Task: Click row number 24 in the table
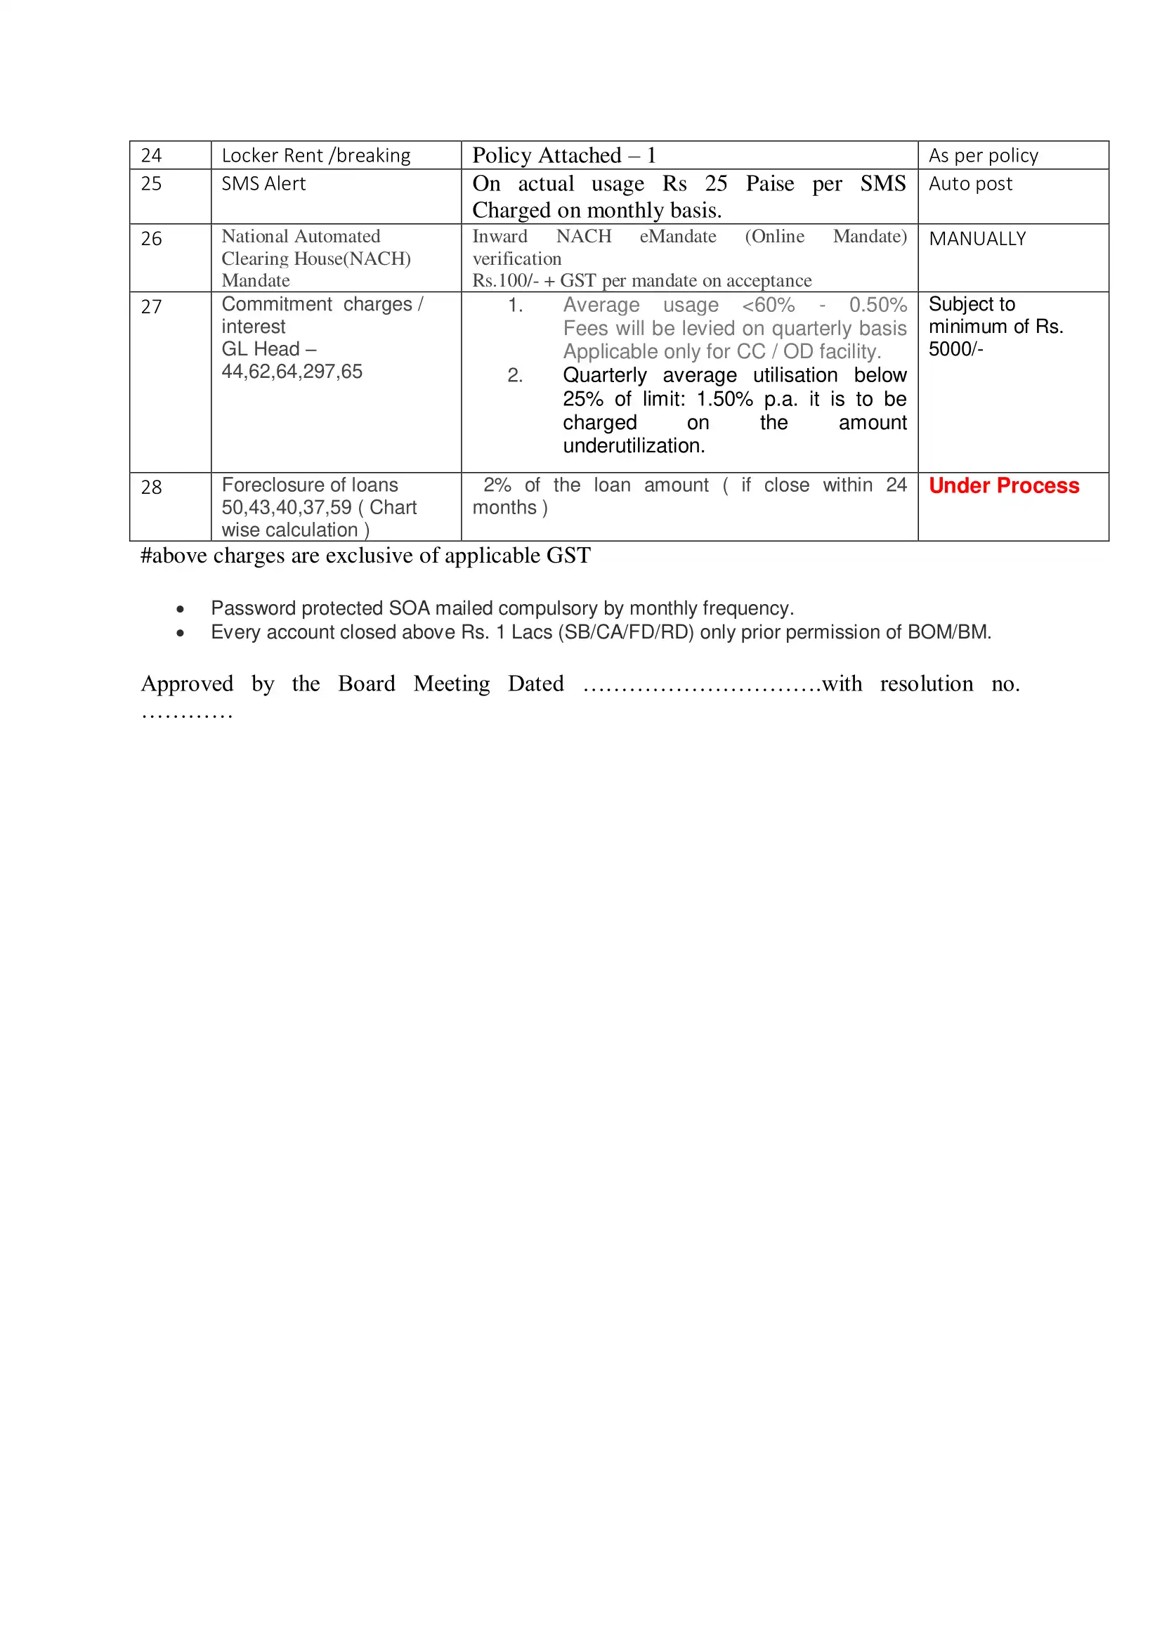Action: (151, 155)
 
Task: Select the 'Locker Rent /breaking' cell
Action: (315, 155)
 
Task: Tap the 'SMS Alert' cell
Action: (263, 184)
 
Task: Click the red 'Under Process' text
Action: (1003, 485)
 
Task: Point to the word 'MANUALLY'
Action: (977, 239)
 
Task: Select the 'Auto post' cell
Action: (970, 184)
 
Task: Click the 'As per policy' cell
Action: (983, 155)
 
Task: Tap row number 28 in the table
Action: (151, 487)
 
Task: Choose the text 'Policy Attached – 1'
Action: (564, 155)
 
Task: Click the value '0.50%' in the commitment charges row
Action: (877, 305)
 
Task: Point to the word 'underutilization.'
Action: (634, 446)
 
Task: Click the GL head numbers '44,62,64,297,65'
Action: (292, 372)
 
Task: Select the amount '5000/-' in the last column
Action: (956, 349)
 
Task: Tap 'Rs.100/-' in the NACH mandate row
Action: (505, 280)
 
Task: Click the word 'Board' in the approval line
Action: (366, 683)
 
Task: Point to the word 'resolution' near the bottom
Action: (926, 683)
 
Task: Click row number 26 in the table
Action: (151, 239)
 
